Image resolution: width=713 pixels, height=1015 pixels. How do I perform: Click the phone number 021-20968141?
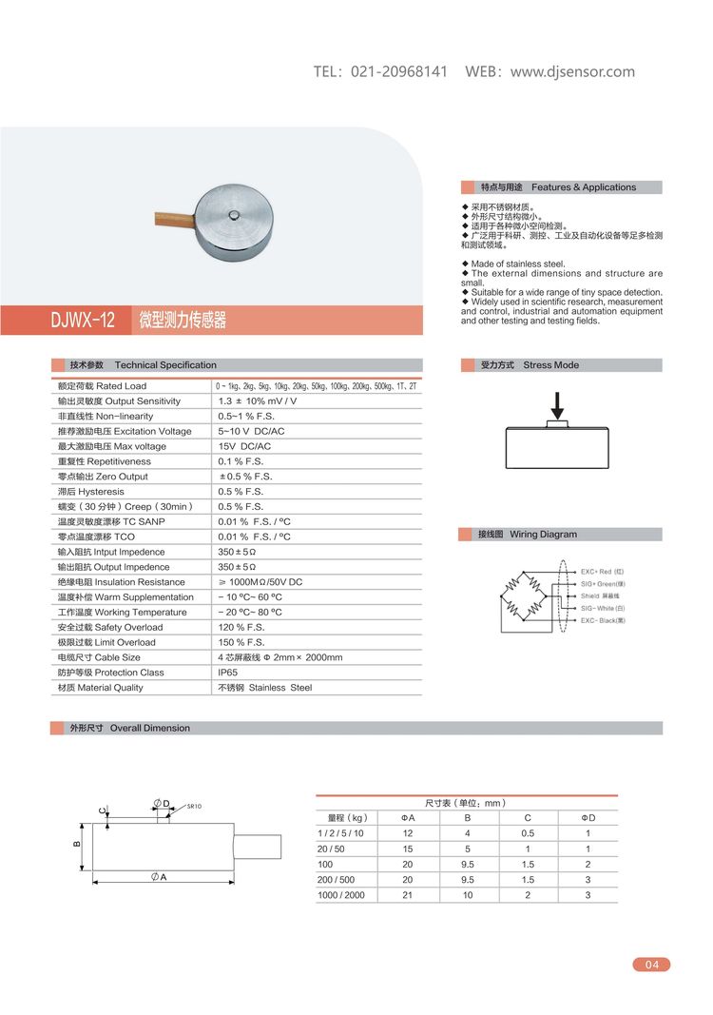(x=399, y=72)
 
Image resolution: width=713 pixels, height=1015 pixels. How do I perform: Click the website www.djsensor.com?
(x=572, y=72)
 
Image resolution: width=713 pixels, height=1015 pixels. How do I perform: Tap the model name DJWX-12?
(x=83, y=321)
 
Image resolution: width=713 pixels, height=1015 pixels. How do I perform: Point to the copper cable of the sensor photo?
(x=172, y=219)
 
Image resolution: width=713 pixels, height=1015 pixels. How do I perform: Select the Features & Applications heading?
(x=584, y=187)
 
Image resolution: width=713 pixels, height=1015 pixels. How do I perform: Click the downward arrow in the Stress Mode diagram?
(x=557, y=402)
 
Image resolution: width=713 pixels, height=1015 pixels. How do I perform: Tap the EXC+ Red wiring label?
(x=603, y=572)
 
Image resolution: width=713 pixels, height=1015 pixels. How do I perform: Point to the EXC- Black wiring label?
(x=603, y=620)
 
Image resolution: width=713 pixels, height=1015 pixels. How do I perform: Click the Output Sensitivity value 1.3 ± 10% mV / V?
(x=258, y=401)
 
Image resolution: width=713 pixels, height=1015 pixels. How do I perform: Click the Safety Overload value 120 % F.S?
(x=241, y=627)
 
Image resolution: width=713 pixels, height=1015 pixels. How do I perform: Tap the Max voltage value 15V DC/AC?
(x=244, y=446)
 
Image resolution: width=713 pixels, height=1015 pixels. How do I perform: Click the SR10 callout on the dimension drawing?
(x=194, y=806)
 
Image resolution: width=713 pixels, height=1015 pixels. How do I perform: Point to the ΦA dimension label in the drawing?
(x=159, y=876)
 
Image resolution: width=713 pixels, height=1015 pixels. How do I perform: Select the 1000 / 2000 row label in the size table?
(x=340, y=895)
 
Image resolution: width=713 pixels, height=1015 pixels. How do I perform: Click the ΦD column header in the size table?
(x=588, y=817)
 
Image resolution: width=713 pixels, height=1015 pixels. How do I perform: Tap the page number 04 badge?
(x=651, y=965)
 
